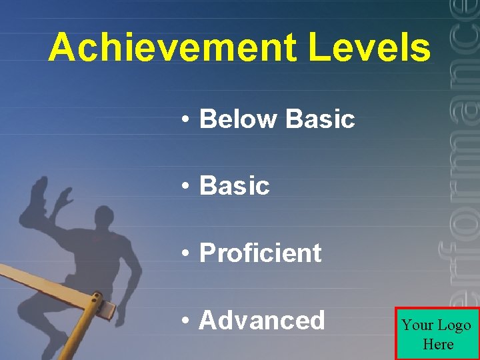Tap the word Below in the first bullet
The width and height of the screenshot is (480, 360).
click(x=237, y=119)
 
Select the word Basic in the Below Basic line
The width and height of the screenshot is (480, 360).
click(x=319, y=119)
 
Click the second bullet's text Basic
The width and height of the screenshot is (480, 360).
click(x=234, y=186)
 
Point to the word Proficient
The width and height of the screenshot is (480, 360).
click(x=260, y=253)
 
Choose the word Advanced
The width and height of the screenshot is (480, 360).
click(x=261, y=321)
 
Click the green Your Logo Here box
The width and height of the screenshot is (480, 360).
click(x=437, y=334)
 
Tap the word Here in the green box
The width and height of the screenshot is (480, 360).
click(x=437, y=345)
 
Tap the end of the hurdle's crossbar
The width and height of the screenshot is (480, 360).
click(x=108, y=309)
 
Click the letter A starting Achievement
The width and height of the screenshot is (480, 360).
click(x=62, y=47)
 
